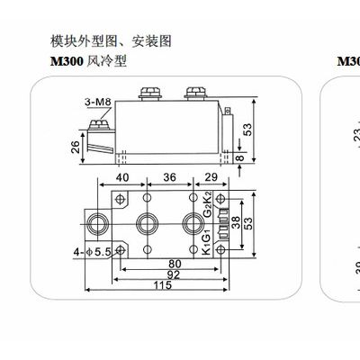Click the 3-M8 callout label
click(x=98, y=102)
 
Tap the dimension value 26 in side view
click(x=76, y=147)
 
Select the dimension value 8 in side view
click(x=240, y=157)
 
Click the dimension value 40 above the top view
click(x=122, y=177)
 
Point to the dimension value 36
click(x=170, y=177)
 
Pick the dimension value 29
click(x=211, y=177)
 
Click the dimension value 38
click(x=237, y=223)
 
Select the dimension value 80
click(x=175, y=264)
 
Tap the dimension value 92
click(x=174, y=274)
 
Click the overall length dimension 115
click(x=163, y=285)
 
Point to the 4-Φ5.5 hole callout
click(x=93, y=252)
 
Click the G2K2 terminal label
click(x=208, y=204)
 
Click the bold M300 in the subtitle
click(x=67, y=61)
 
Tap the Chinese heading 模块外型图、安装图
click(x=111, y=41)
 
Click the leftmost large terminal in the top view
click(x=97, y=224)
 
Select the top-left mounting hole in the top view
click(x=121, y=199)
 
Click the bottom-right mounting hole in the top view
click(x=221, y=249)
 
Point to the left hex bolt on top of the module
click(x=150, y=93)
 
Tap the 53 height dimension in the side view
click(x=248, y=130)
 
